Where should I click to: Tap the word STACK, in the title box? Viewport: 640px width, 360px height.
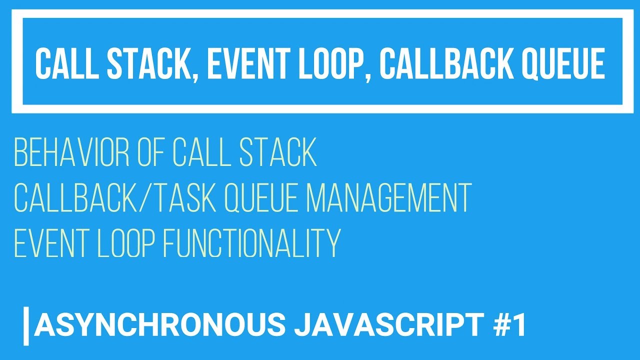click(x=143, y=64)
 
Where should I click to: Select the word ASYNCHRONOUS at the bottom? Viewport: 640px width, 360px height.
click(x=160, y=325)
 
